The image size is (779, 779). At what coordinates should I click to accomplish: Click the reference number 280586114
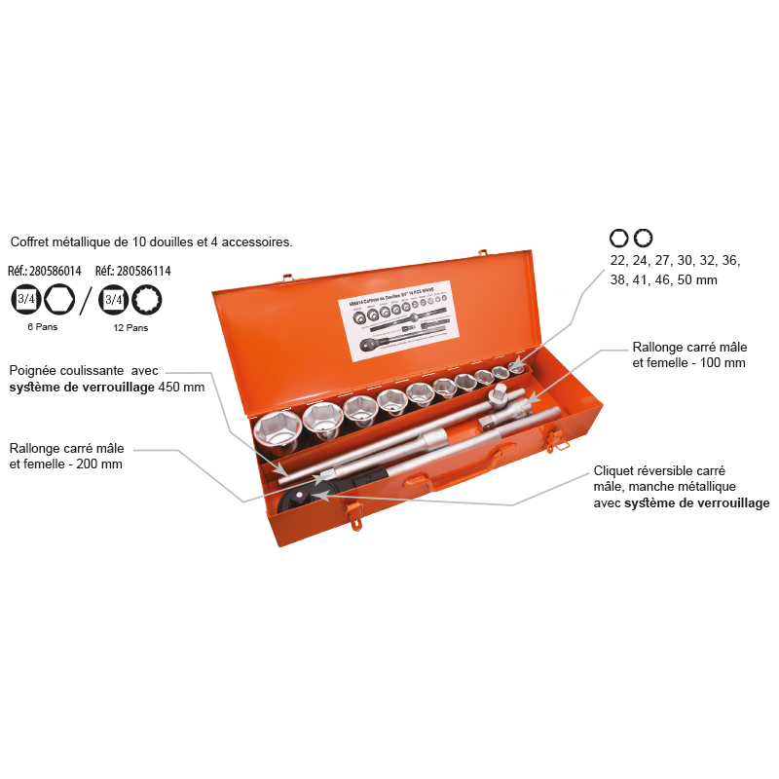(x=142, y=272)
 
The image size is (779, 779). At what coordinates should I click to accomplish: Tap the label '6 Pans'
(x=42, y=327)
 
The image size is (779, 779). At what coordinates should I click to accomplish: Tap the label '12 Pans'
(x=130, y=327)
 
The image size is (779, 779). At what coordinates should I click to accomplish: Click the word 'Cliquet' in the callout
(x=615, y=470)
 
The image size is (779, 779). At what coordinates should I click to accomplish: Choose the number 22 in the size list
(x=618, y=261)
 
